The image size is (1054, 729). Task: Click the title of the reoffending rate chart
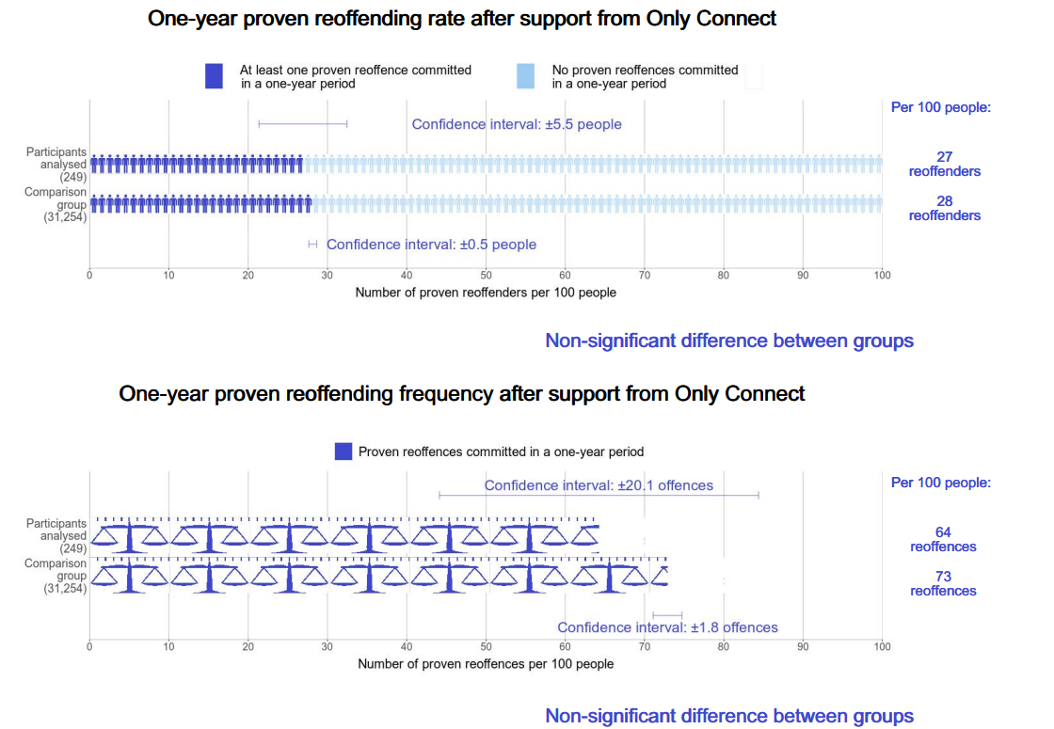click(462, 18)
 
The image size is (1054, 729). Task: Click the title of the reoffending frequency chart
click(462, 393)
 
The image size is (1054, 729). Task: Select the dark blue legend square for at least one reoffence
click(214, 76)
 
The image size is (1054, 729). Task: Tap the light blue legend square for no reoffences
click(525, 76)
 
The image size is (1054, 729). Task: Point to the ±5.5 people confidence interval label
click(517, 124)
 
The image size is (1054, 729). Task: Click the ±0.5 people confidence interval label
click(431, 245)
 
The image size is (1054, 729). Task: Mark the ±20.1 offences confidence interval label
click(599, 485)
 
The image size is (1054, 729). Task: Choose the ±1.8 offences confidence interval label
click(667, 627)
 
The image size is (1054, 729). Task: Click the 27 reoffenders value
click(944, 164)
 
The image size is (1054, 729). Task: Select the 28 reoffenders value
click(944, 208)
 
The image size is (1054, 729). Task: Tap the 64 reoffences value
click(943, 539)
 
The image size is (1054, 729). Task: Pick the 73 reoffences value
click(943, 583)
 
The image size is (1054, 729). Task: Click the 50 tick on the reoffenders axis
click(486, 276)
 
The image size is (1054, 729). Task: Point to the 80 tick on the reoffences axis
click(724, 647)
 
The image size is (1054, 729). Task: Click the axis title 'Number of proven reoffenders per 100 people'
click(486, 293)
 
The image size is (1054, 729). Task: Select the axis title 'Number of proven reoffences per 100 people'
click(486, 664)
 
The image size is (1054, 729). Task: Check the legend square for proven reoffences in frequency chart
click(343, 452)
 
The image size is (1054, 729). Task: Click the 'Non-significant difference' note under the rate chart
click(729, 341)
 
